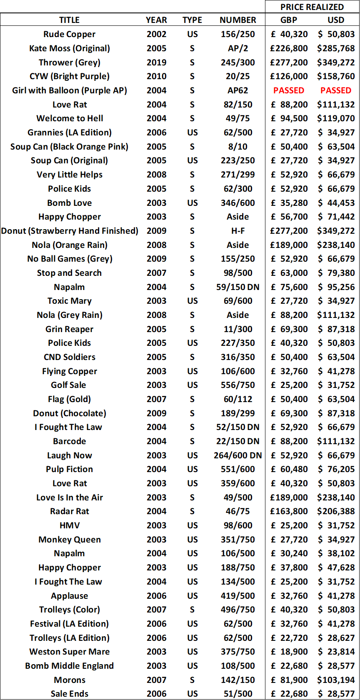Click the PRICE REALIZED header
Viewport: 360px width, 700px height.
pos(312,7)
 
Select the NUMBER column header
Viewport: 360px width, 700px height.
pos(238,20)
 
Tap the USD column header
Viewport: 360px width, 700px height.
pos(336,20)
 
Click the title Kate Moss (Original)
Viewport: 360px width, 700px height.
pos(70,48)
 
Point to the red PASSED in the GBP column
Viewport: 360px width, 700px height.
pos(289,90)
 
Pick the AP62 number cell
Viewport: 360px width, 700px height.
pos(238,90)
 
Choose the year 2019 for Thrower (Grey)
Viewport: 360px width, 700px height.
pos(157,62)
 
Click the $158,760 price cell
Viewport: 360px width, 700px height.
pos(336,76)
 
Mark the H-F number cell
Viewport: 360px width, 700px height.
pos(238,231)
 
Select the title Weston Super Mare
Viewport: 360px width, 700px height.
pos(70,652)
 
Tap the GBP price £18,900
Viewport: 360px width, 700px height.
pos(289,652)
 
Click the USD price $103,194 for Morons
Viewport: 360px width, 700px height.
pos(336,680)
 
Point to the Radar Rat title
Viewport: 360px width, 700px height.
pos(70,511)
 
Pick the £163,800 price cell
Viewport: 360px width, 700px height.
pos(289,511)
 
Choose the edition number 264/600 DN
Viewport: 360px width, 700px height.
pos(238,455)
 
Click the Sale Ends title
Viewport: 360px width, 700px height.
pos(70,694)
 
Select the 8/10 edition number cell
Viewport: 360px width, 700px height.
pos(238,147)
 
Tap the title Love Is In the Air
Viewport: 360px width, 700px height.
pos(70,497)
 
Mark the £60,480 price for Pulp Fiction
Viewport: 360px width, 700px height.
pos(289,469)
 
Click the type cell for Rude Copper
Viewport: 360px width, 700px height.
pos(192,34)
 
